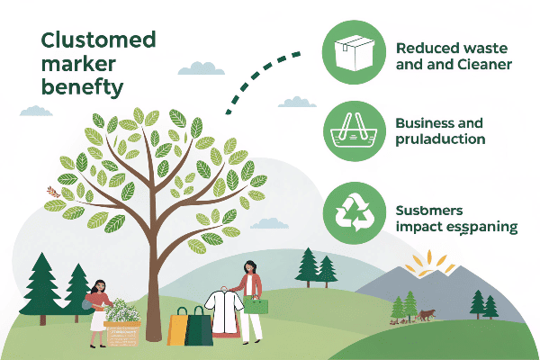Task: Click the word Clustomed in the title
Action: [x=98, y=40]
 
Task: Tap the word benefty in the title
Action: [x=82, y=87]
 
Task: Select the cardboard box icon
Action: [x=354, y=53]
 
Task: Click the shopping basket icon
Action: [x=354, y=131]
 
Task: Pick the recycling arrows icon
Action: [x=355, y=212]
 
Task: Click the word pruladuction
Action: [x=440, y=139]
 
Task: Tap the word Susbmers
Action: [x=429, y=210]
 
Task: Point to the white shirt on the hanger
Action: [x=224, y=311]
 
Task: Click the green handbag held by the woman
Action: [x=256, y=305]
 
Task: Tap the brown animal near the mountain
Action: [x=426, y=315]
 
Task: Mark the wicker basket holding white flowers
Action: [x=122, y=334]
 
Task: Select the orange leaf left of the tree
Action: [x=53, y=192]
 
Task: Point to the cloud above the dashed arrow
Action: [x=201, y=68]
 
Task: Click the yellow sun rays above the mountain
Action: [x=429, y=264]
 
